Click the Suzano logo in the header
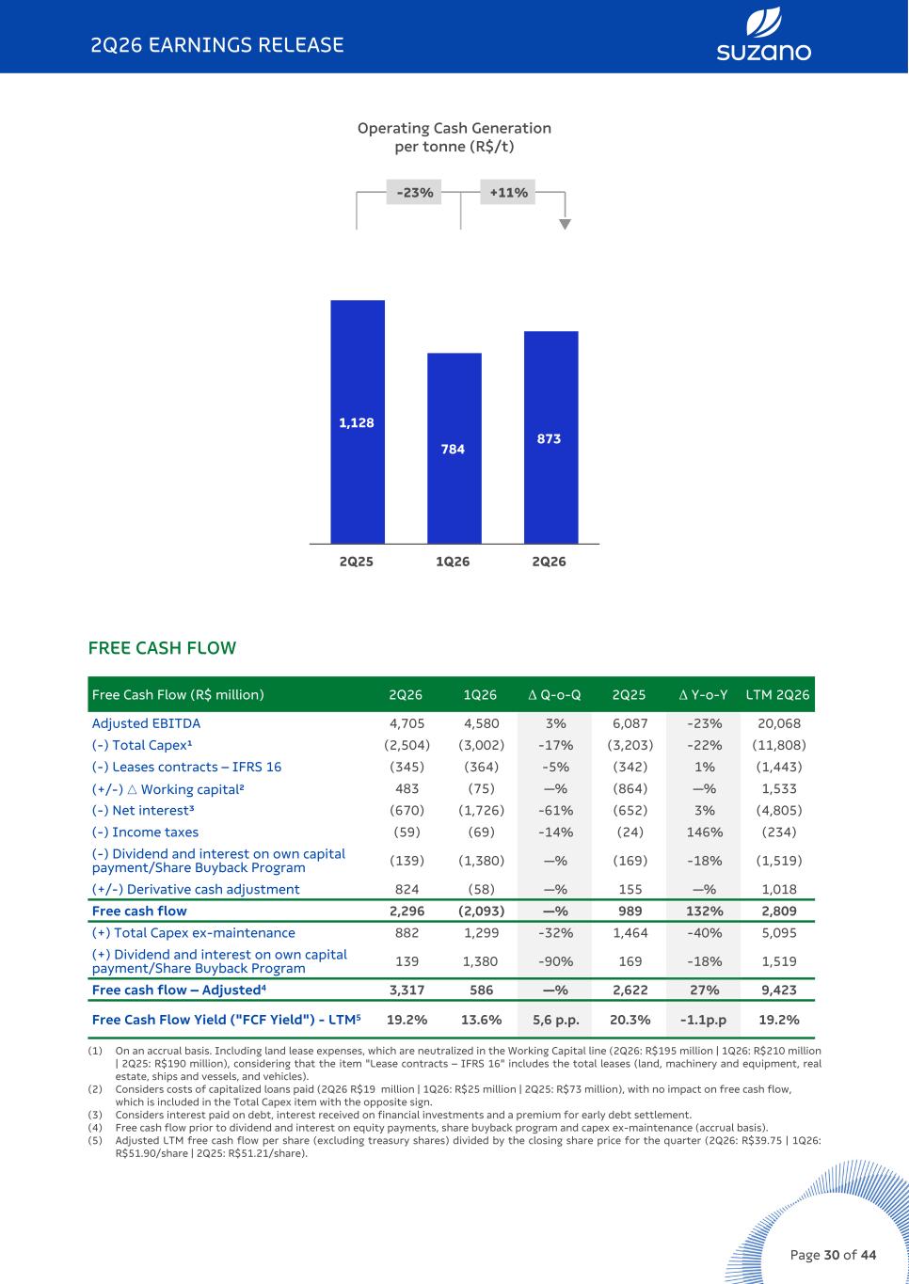763,34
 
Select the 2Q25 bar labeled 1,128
358,421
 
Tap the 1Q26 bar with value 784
454,449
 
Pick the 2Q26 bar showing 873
551,437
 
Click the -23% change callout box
414,192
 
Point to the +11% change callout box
508,192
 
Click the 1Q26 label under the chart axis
453,562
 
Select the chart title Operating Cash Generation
454,128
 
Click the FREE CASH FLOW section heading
162,648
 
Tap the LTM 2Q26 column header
777,695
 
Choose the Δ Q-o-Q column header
554,695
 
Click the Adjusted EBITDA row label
146,723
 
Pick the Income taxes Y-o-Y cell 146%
704,832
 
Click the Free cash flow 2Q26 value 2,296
407,911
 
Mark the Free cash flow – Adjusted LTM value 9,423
778,990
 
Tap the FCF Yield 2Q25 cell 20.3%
630,1020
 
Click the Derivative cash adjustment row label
196,889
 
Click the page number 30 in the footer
832,1255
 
